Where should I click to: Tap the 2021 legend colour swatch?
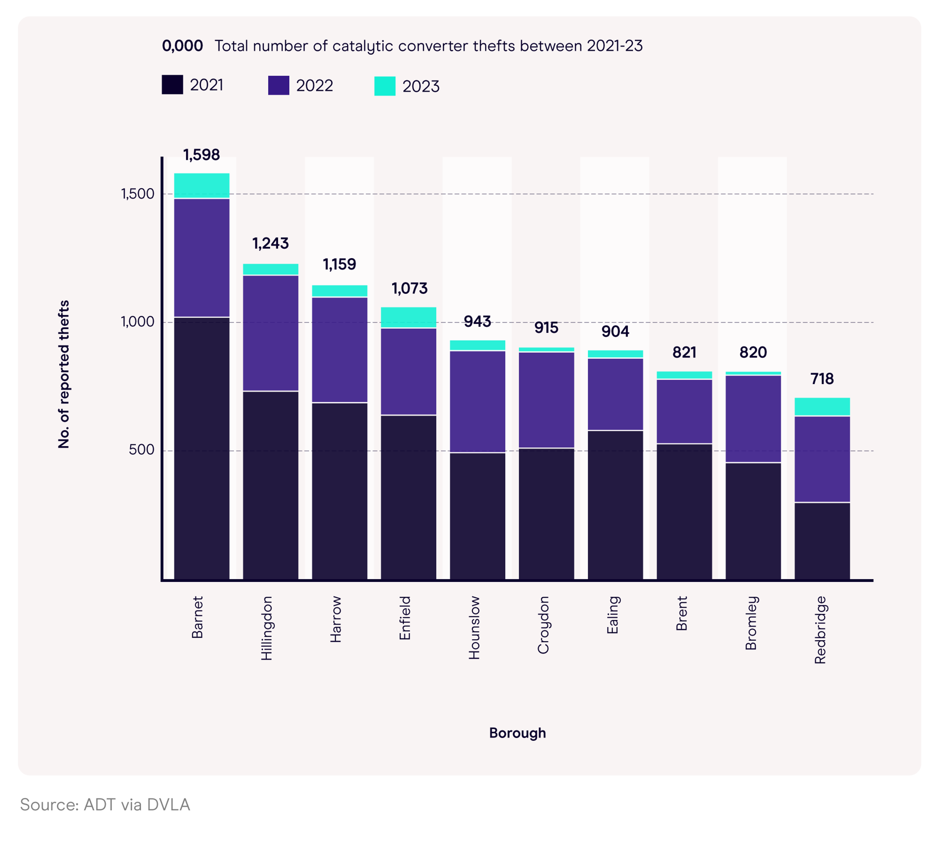coord(172,85)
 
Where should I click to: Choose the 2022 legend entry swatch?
coord(279,85)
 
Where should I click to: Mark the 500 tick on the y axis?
coord(141,450)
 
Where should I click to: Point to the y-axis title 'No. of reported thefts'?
coord(63,374)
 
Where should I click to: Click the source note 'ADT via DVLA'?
coord(105,805)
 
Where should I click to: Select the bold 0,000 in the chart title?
coord(182,46)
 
